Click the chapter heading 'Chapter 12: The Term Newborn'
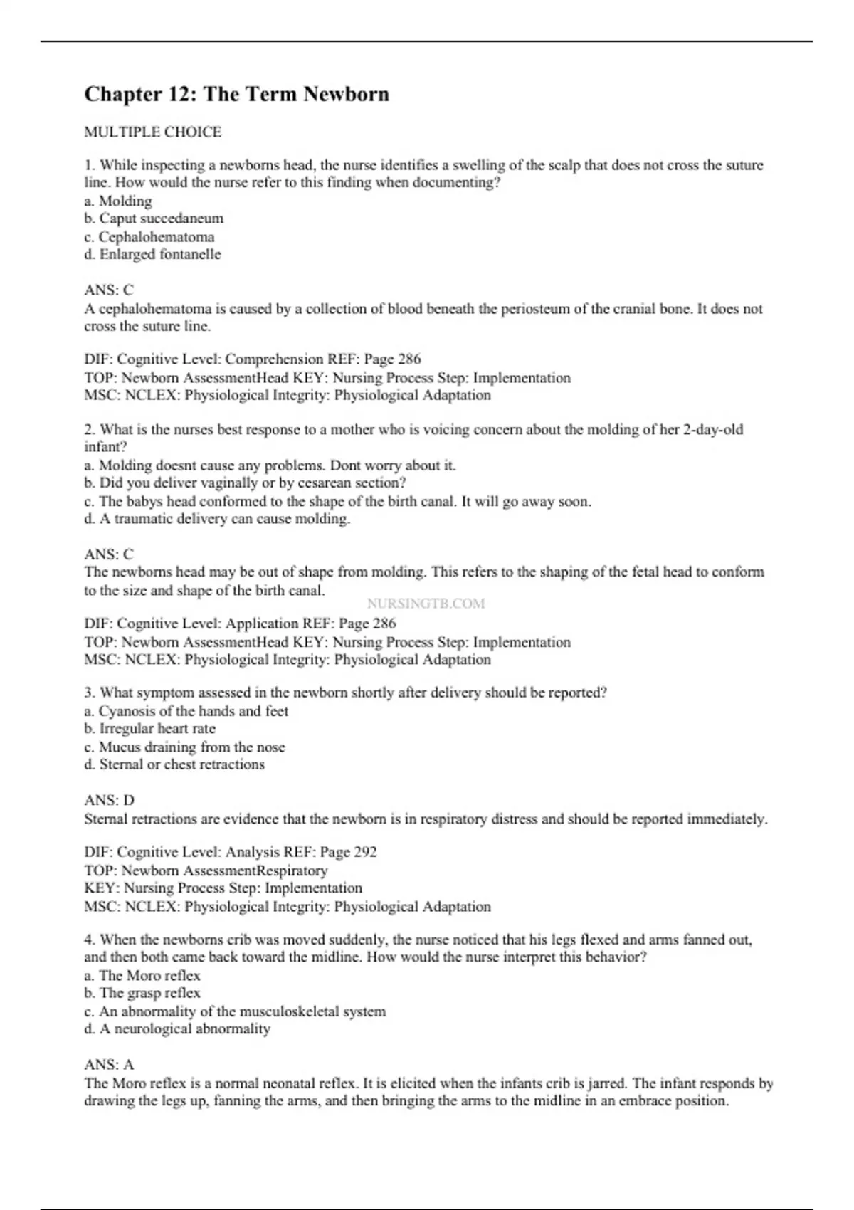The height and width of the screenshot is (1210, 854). [236, 94]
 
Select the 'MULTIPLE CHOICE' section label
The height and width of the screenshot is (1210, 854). [152, 132]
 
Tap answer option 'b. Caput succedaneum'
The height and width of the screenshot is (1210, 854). [154, 219]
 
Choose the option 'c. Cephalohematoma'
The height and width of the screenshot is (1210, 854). [149, 236]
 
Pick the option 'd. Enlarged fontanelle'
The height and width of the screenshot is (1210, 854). [152, 254]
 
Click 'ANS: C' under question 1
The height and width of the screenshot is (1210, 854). [109, 290]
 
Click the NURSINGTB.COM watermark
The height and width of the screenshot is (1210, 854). [426, 604]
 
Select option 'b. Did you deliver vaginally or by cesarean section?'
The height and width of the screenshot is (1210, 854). [245, 483]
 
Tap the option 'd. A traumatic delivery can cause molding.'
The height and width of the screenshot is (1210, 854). [217, 519]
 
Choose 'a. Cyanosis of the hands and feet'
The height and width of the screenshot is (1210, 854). [186, 711]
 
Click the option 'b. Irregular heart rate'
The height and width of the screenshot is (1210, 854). [149, 728]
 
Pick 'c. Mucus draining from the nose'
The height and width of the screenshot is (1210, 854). [184, 747]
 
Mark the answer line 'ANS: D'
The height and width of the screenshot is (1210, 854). [109, 800]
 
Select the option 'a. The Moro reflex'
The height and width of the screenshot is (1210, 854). [142, 975]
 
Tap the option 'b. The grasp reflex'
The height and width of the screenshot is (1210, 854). [142, 993]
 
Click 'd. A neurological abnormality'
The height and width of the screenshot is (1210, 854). [177, 1028]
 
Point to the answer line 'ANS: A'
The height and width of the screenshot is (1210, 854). [109, 1064]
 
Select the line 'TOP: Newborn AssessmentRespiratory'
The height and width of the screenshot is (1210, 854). [206, 870]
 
